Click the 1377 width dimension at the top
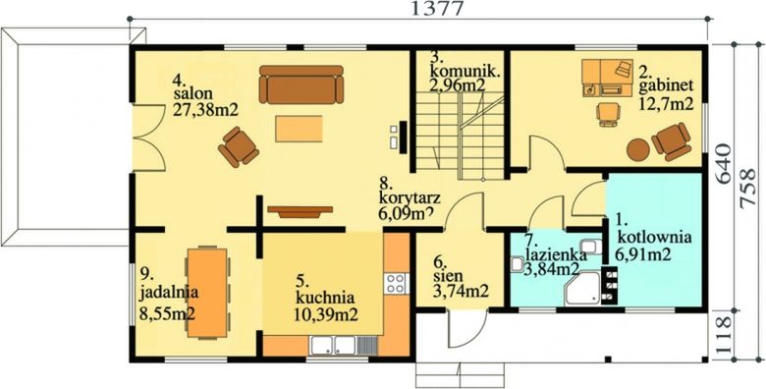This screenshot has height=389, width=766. point(425,10)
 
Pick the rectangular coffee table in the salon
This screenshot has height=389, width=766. point(299,128)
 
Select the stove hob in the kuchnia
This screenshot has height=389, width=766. point(395,285)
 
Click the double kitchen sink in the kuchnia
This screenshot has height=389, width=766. point(334,345)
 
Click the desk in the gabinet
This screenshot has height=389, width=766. point(607,77)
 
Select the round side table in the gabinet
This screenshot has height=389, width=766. point(639,148)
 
